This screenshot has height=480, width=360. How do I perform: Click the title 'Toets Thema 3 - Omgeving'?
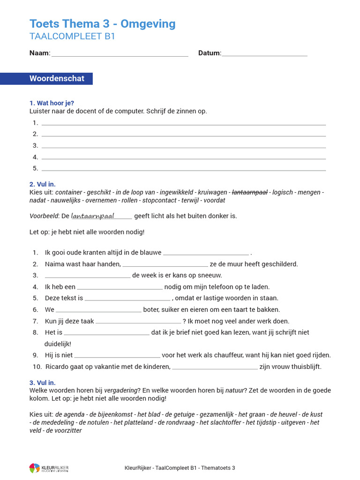[102, 24]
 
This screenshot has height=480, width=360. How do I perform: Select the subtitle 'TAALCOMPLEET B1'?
[72, 37]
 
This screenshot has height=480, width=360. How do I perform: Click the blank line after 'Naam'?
[120, 54]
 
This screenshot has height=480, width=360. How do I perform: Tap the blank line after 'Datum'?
[264, 54]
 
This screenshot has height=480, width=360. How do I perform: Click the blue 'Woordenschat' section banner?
[57, 79]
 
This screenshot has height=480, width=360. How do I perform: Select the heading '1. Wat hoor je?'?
[52, 103]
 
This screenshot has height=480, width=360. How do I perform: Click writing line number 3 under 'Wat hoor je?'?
[184, 146]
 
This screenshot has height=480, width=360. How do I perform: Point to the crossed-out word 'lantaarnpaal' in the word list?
[249, 192]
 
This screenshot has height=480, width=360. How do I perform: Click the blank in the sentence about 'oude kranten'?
[206, 253]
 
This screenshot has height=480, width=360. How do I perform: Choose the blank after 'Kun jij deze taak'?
[138, 322]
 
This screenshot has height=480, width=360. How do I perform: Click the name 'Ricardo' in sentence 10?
[58, 367]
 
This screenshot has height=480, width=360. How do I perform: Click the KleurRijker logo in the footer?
[49, 468]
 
